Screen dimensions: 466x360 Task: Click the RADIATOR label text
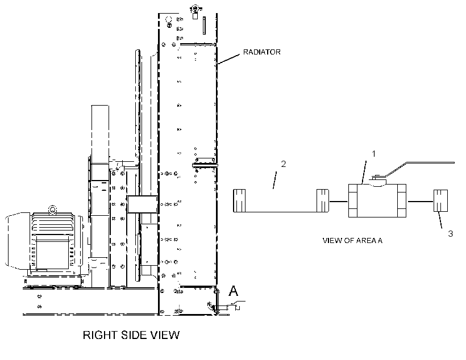[261, 52]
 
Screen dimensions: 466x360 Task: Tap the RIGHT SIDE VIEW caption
[131, 335]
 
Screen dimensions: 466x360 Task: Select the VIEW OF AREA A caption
[352, 240]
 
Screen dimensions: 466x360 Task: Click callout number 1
[374, 153]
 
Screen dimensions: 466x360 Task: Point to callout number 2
[284, 164]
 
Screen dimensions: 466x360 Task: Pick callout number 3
[451, 234]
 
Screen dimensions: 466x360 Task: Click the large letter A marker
[234, 291]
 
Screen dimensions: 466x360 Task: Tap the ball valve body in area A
[377, 200]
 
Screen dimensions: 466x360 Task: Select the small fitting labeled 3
[440, 200]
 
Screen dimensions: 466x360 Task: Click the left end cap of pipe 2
[239, 200]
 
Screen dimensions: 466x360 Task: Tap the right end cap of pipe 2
[323, 200]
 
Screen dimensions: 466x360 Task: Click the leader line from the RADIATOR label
[228, 59]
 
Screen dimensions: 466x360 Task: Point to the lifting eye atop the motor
[53, 210]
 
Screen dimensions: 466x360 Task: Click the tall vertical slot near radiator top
[204, 26]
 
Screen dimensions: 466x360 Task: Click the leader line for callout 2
[275, 180]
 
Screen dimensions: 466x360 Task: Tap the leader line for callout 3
[440, 220]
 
